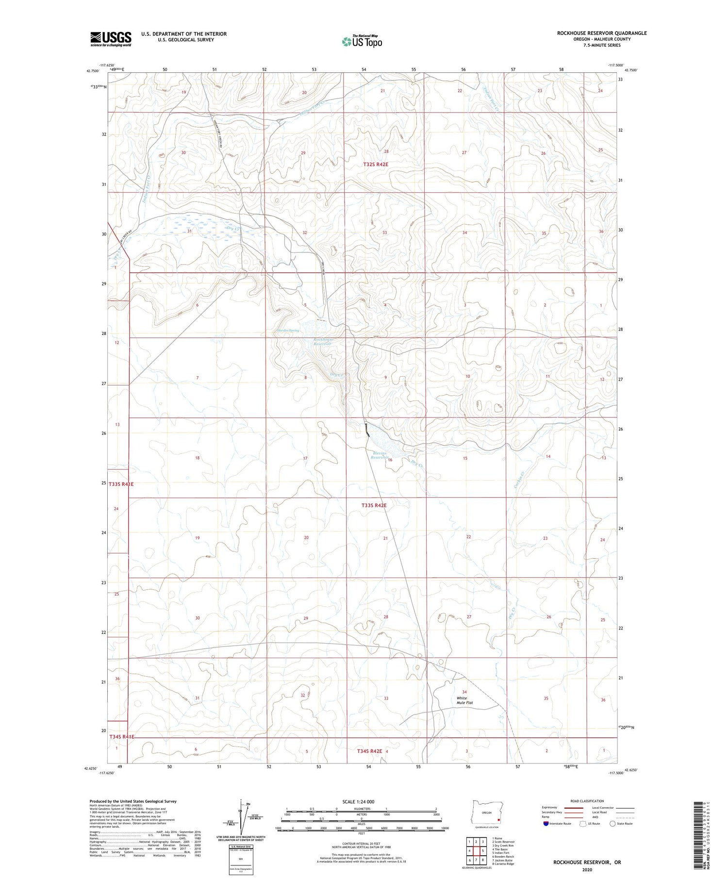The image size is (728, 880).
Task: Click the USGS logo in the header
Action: tap(111, 39)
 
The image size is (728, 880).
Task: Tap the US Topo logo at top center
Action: tap(362, 42)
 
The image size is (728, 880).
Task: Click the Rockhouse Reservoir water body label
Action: tap(322, 342)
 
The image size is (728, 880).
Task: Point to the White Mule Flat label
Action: tap(464, 700)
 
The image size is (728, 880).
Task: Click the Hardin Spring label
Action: tap(288, 331)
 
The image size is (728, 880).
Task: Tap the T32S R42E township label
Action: tap(376, 165)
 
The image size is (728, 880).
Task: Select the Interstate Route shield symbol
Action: tap(546, 824)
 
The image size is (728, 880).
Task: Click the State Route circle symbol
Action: tap(612, 824)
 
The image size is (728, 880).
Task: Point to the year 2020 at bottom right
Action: tap(587, 870)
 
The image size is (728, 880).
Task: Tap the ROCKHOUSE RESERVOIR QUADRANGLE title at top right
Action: tap(601, 33)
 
